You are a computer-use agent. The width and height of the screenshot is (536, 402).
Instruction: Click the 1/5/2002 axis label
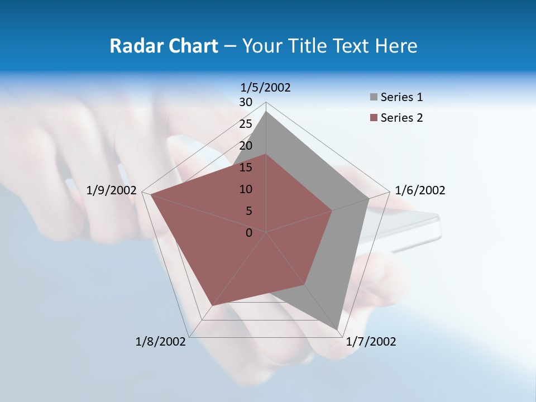[266, 87]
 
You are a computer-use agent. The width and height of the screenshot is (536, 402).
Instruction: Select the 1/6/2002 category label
[420, 190]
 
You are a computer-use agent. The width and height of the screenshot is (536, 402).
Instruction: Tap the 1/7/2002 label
[371, 342]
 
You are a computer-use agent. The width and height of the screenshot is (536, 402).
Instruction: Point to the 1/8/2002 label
[161, 342]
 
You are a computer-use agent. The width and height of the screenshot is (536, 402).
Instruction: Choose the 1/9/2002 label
[112, 190]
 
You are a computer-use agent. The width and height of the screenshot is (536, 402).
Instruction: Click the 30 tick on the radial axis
[246, 102]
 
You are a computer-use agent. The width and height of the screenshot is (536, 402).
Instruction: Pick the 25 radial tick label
[246, 124]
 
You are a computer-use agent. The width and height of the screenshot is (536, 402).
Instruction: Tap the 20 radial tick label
[246, 146]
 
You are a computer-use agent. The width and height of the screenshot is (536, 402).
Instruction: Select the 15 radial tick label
[246, 167]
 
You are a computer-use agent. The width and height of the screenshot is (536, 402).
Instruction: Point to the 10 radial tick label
[246, 189]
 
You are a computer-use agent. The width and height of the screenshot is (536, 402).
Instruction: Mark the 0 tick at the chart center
[249, 233]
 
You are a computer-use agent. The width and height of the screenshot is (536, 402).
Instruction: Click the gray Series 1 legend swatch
[374, 98]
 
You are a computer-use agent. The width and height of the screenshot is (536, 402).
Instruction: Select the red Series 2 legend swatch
[374, 118]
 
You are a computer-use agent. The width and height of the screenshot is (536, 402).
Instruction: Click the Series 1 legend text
[401, 97]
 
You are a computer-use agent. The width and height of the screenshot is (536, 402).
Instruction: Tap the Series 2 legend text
[401, 118]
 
